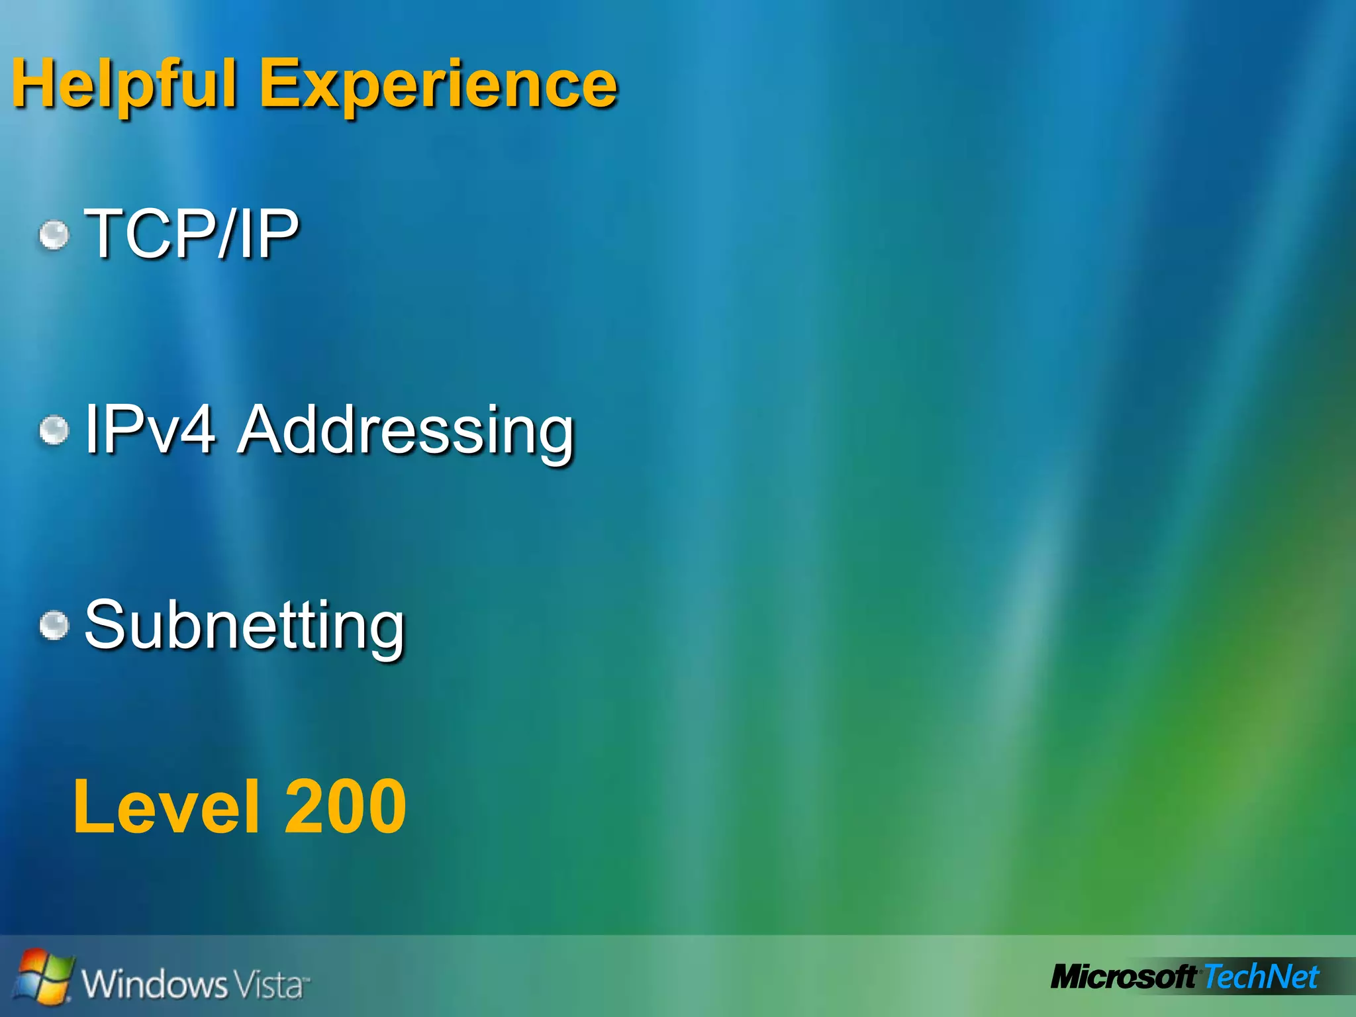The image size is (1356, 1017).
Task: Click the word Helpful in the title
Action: (x=124, y=85)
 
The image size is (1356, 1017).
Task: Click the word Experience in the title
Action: (x=438, y=85)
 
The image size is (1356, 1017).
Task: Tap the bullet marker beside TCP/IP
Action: (x=54, y=235)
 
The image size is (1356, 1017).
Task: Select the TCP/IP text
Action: (x=192, y=233)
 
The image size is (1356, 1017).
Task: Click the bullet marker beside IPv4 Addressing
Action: (x=54, y=430)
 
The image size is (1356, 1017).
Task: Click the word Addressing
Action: (x=406, y=432)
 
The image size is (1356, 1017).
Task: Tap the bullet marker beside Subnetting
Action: (x=54, y=626)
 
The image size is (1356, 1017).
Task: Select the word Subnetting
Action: (x=244, y=626)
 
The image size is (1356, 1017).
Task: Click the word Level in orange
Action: (x=166, y=806)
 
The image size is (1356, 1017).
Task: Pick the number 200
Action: (x=345, y=806)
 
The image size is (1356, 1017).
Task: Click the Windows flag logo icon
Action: (x=43, y=975)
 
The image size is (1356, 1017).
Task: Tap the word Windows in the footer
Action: (x=154, y=983)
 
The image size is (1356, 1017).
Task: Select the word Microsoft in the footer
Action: (x=1124, y=977)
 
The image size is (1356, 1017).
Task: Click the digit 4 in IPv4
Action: (x=195, y=430)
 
